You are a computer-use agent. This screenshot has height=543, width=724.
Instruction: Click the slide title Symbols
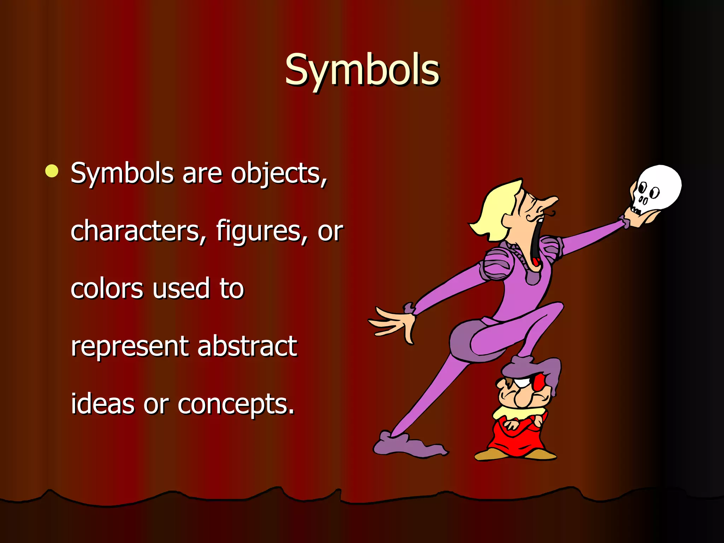(362, 70)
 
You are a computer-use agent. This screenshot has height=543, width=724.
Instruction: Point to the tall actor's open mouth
(537, 244)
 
